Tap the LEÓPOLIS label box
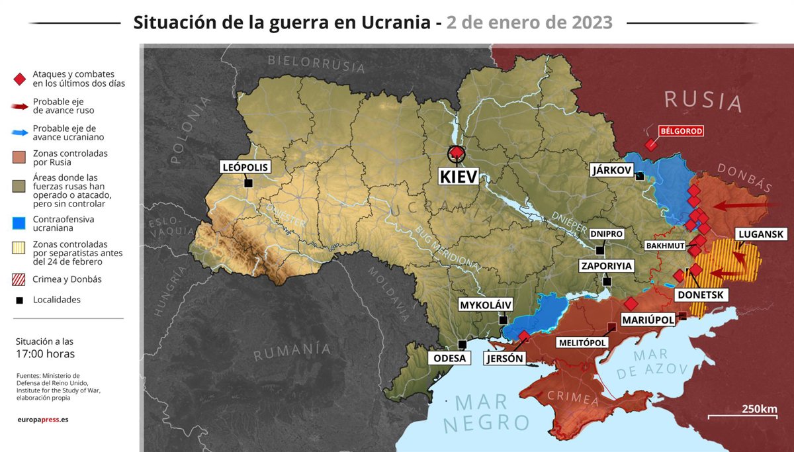245,167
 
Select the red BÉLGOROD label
681,131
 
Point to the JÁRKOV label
610,170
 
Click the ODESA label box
449,358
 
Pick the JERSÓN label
504,359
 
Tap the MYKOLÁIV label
486,305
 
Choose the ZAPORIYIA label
607,266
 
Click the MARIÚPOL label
648,320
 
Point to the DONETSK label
701,294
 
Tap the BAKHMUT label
665,246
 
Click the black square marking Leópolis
248,183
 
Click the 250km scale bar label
759,408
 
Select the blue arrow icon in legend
20,132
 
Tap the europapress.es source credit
43,420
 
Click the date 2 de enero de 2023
529,23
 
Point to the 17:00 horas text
45,354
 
